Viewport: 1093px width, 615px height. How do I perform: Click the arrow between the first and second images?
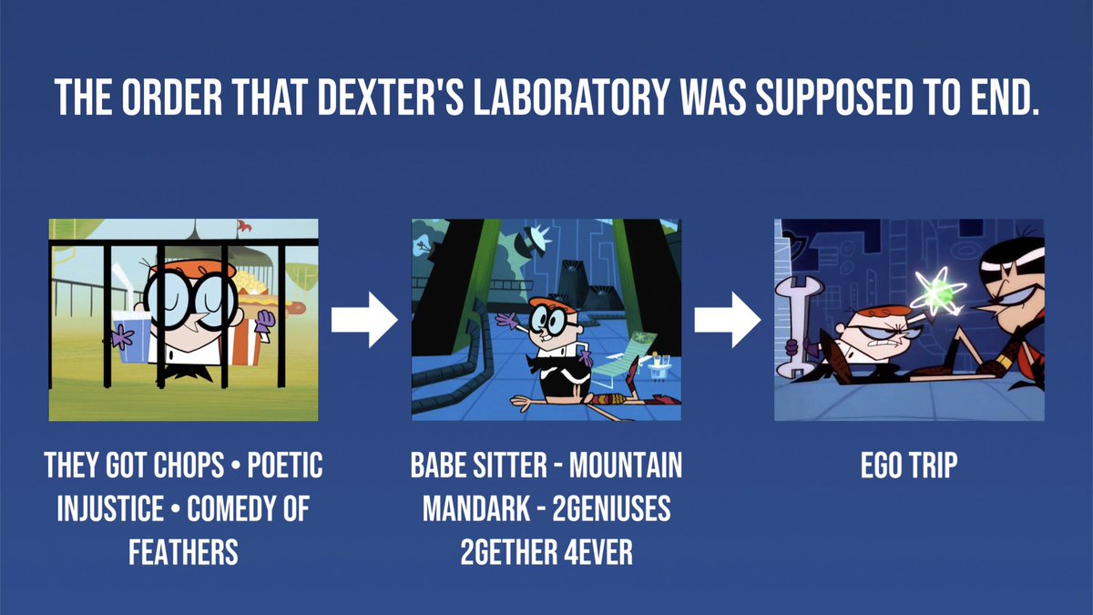tap(364, 320)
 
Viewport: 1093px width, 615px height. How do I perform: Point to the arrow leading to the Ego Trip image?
tap(728, 320)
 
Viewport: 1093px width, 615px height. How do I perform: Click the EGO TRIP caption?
tap(909, 466)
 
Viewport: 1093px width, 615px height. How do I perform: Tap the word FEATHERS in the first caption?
tap(183, 550)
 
